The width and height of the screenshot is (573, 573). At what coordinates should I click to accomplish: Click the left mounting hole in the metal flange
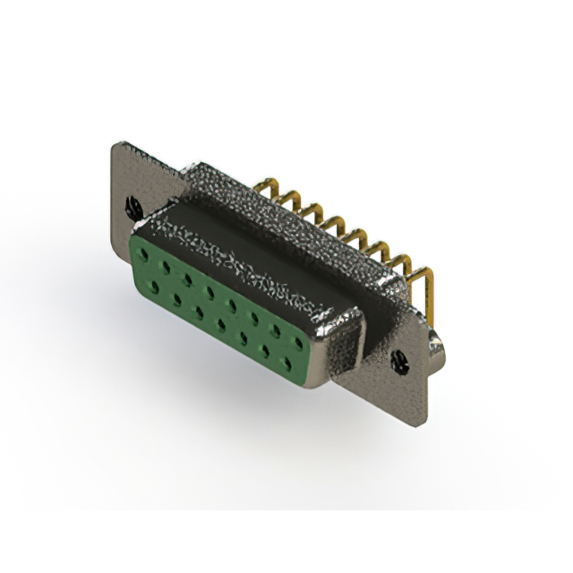click(133, 207)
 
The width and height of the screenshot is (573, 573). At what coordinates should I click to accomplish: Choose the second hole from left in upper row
click(164, 267)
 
